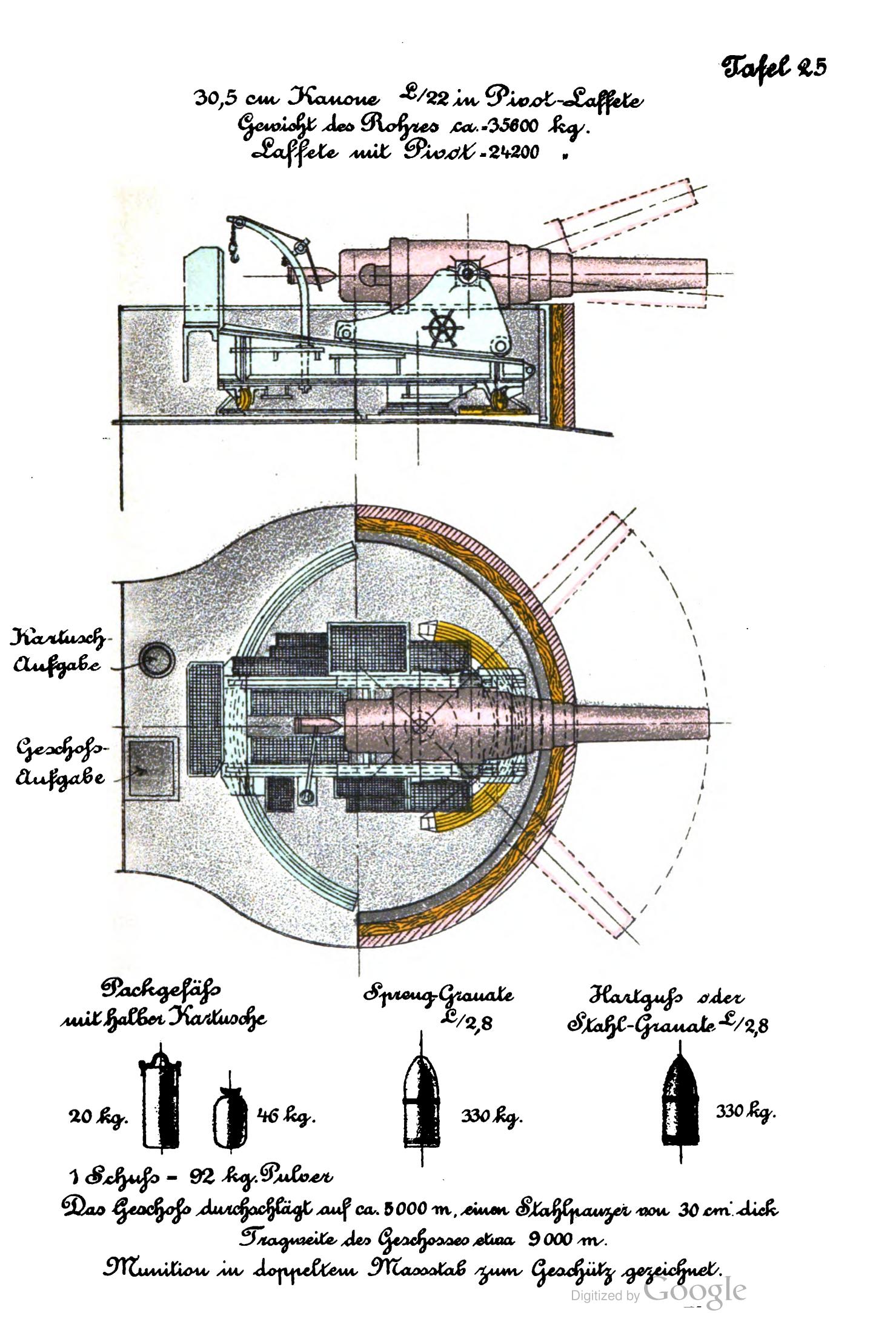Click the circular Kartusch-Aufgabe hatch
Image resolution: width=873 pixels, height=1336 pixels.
(156, 659)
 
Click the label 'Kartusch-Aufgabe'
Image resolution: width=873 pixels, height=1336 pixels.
(58, 652)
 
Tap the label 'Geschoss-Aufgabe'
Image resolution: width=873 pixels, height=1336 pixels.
(61, 762)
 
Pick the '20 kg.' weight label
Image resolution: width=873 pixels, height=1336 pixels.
(98, 1115)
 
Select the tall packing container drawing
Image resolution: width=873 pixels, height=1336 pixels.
(162, 1105)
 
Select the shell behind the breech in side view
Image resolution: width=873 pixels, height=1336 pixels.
(322, 276)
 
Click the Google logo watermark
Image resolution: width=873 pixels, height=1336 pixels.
(694, 1291)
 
